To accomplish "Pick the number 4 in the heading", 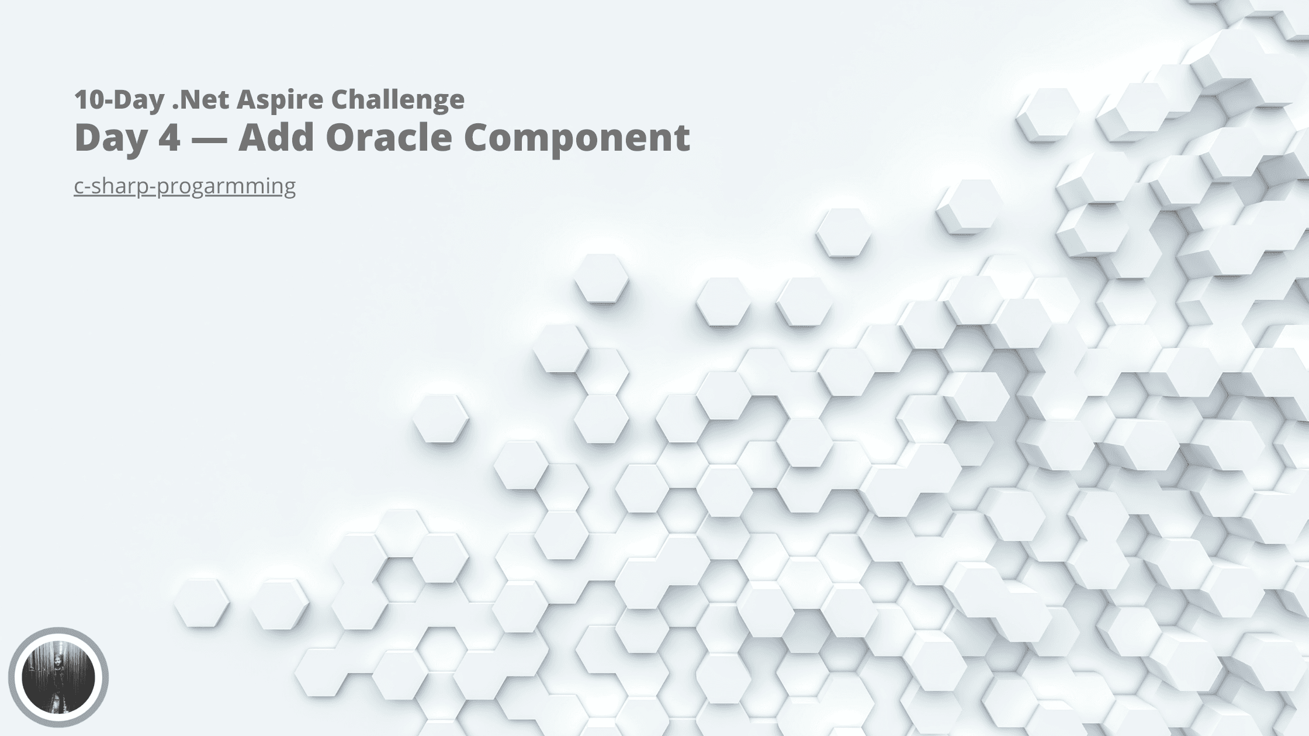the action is [x=168, y=137].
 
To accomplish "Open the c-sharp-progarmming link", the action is [x=185, y=186].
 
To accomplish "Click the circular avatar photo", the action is [x=58, y=678].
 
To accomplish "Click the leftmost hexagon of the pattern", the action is [x=202, y=603].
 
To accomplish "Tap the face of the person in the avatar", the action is [x=58, y=662].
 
